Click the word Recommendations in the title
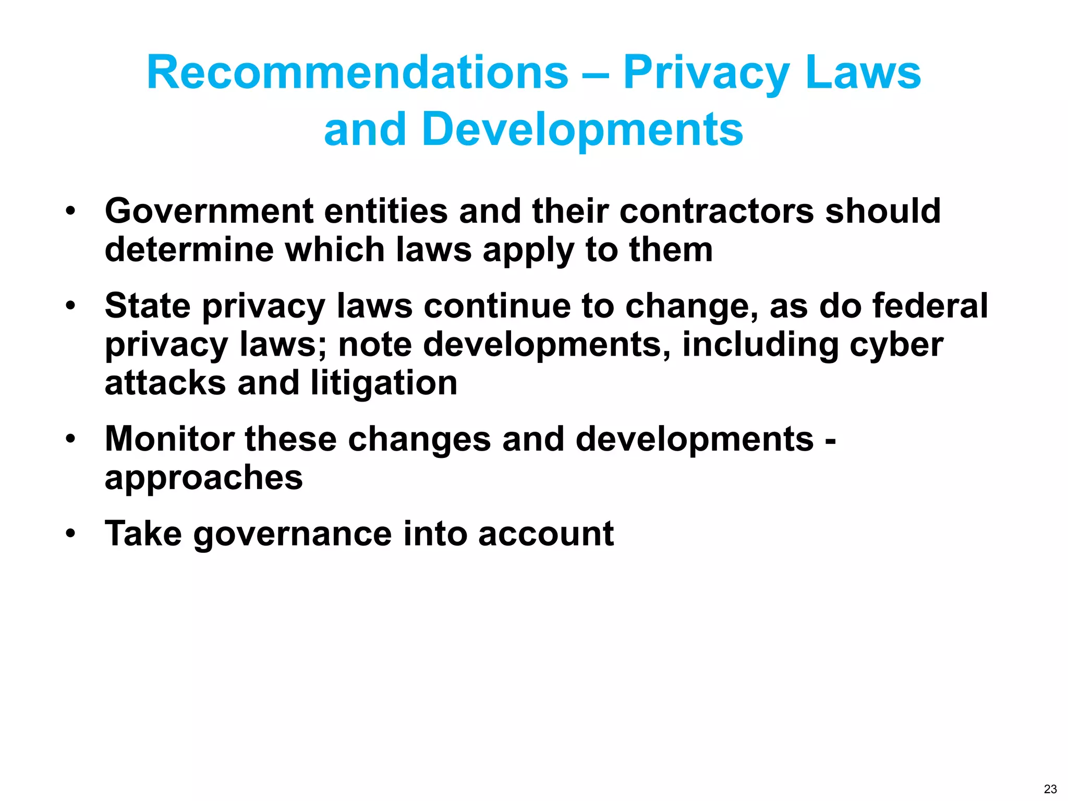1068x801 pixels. (x=357, y=73)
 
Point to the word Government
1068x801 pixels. (x=209, y=211)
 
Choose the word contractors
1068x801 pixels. (x=717, y=211)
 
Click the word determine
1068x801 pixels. (x=189, y=250)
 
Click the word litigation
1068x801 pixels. (x=383, y=383)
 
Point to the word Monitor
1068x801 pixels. (x=169, y=439)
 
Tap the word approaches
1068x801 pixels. (x=203, y=478)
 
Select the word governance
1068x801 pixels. (x=293, y=534)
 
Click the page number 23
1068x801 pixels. (x=1050, y=789)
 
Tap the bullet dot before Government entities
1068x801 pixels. (x=70, y=211)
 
